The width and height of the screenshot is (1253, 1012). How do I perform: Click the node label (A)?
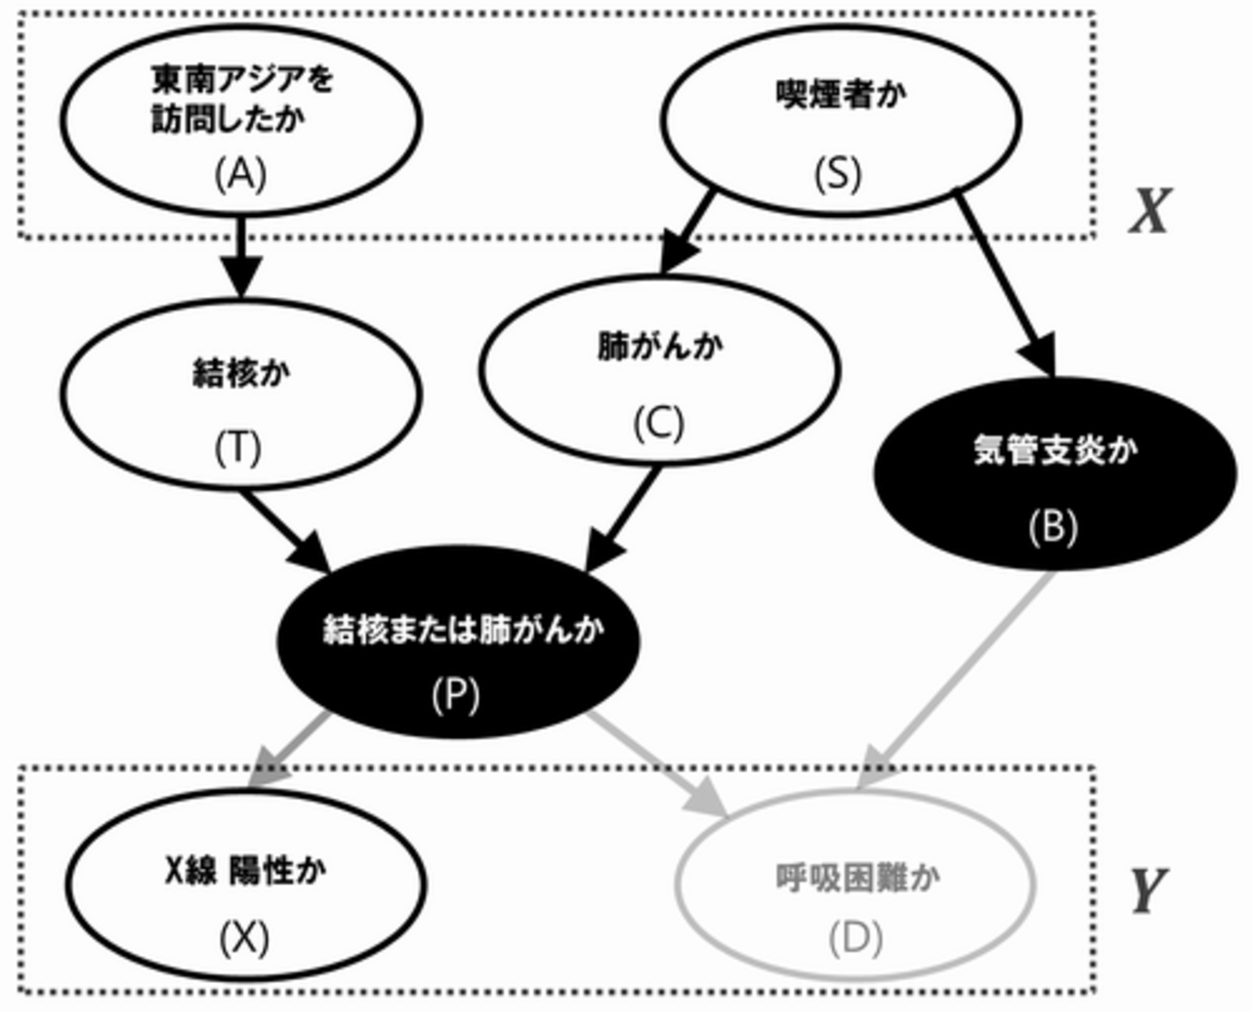pyautogui.click(x=241, y=174)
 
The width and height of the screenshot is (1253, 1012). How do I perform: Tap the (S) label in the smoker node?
pyautogui.click(x=839, y=174)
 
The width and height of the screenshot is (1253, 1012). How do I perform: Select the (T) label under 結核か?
pyautogui.click(x=238, y=449)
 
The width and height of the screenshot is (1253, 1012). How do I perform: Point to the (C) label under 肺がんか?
pyautogui.click(x=659, y=423)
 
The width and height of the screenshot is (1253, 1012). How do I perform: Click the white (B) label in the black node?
pyautogui.click(x=1053, y=527)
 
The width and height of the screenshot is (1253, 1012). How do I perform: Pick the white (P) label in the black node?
pyautogui.click(x=456, y=696)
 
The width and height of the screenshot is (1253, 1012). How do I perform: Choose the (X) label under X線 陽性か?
pyautogui.click(x=244, y=939)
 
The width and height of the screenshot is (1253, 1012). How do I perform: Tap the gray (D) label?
pyautogui.click(x=856, y=939)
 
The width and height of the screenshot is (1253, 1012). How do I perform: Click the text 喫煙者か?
pyautogui.click(x=841, y=94)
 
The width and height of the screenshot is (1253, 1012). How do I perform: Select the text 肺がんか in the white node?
pyautogui.click(x=660, y=346)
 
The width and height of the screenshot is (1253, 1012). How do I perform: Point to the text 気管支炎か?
pyautogui.click(x=1055, y=450)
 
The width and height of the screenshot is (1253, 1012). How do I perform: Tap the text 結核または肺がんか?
pyautogui.click(x=464, y=629)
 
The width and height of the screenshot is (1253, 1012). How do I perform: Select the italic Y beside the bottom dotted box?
pyautogui.click(x=1149, y=892)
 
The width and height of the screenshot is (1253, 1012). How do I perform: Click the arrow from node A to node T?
pyautogui.click(x=241, y=257)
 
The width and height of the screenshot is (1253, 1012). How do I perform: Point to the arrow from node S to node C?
pyautogui.click(x=687, y=232)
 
